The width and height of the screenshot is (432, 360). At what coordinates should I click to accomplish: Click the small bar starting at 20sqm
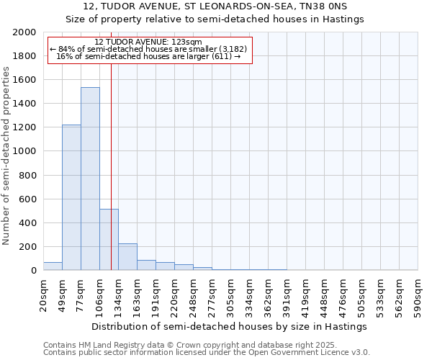coord(53,266)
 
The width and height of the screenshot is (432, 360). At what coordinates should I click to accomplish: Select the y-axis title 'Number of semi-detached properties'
coord(6,156)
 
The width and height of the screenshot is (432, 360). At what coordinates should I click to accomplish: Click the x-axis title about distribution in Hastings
coord(230,326)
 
